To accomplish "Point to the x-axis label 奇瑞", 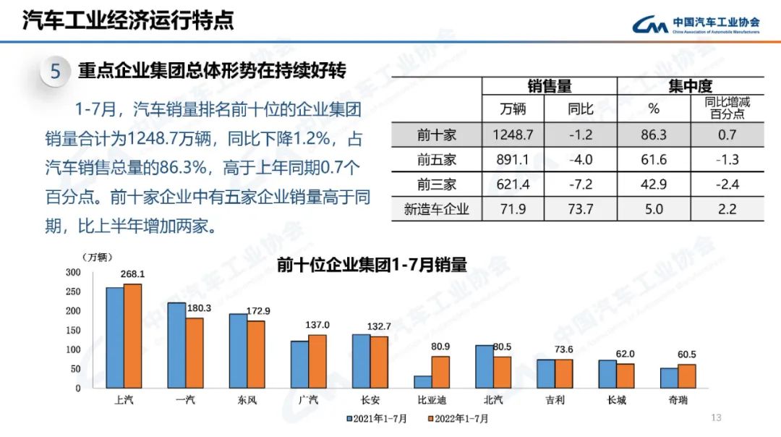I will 678,399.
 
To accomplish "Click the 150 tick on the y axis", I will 73,330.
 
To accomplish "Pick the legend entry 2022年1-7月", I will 458,418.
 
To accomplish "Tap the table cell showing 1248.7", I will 513,135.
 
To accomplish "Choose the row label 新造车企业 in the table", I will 437,210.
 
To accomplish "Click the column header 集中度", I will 690,86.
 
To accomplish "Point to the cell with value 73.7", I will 580,210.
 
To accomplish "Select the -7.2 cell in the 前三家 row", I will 580,184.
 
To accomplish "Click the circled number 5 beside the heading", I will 56,72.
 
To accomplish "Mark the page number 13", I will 717,417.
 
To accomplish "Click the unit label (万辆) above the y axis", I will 97,257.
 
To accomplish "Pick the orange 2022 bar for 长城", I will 626,376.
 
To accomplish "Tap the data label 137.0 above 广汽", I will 317,325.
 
